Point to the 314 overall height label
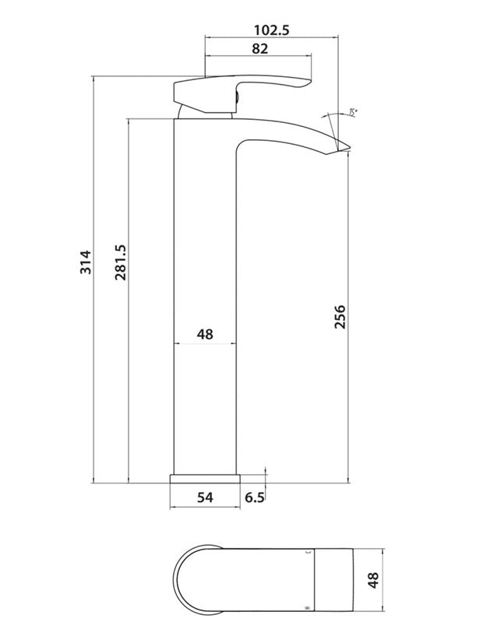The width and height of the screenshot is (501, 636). tap(85, 262)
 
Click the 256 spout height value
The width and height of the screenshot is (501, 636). tap(340, 317)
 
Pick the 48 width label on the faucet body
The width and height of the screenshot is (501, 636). tap(204, 334)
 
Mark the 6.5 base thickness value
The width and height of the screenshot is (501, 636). tap(254, 496)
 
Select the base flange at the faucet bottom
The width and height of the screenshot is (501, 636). tap(204, 477)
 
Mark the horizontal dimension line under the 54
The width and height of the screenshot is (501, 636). tap(204, 508)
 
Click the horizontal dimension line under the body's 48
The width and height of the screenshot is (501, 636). tap(204, 345)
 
